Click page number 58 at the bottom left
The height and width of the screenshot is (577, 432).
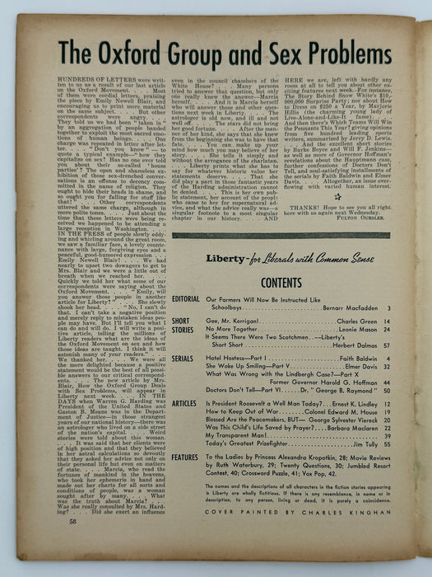pos(46,546)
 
